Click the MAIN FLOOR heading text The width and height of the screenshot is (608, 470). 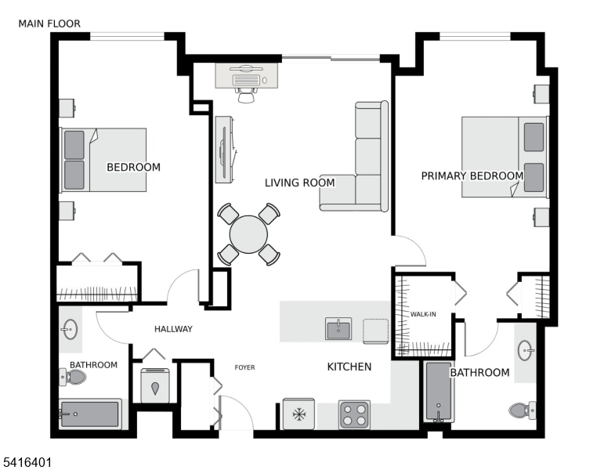(x=49, y=24)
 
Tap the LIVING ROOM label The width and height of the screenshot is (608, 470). (x=299, y=183)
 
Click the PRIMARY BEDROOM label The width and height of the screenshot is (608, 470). (x=472, y=175)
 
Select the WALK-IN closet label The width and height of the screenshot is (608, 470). (x=423, y=314)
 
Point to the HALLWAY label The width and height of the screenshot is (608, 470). (x=173, y=329)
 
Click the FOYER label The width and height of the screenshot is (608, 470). (x=245, y=367)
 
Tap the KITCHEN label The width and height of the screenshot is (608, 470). (x=349, y=367)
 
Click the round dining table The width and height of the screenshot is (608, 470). (x=248, y=233)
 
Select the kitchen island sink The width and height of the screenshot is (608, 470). (x=339, y=329)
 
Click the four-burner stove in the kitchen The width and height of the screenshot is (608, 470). (x=354, y=414)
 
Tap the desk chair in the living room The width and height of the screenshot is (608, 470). (x=247, y=93)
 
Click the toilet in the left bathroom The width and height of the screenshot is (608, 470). (x=74, y=378)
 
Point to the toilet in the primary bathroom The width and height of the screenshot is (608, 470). (x=521, y=409)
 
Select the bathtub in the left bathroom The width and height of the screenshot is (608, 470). (x=90, y=414)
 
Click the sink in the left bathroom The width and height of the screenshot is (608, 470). (x=70, y=328)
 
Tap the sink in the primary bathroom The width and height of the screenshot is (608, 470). (x=526, y=349)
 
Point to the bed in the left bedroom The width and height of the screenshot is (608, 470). (x=104, y=160)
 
